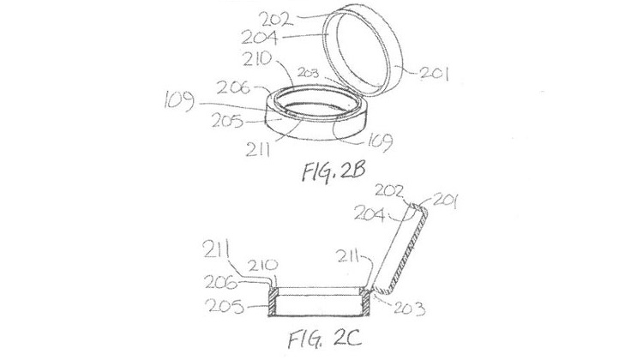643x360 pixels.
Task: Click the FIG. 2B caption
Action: (334, 171)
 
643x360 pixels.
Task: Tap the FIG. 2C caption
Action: (324, 339)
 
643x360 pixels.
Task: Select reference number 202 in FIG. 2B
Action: (275, 19)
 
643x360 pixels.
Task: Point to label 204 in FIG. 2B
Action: (260, 38)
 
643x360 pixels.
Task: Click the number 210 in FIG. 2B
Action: (256, 60)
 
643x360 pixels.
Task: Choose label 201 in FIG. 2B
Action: (435, 74)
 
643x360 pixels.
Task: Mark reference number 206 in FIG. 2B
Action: (233, 87)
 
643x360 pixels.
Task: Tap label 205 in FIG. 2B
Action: (227, 121)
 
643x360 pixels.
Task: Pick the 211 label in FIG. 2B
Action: (258, 151)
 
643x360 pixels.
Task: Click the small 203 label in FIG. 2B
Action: (308, 74)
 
